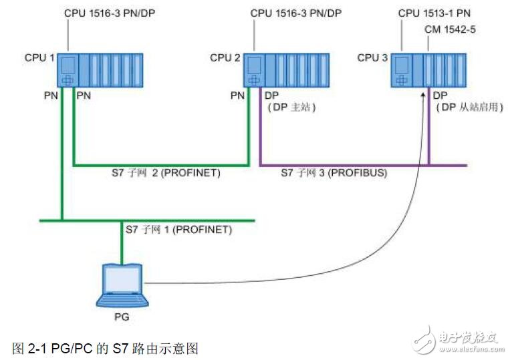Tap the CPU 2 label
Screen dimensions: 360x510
point(225,58)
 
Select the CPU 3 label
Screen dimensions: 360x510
point(372,58)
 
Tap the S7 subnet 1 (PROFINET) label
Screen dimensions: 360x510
point(178,230)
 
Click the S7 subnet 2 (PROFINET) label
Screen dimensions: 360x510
point(166,173)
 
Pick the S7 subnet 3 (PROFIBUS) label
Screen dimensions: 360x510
point(334,173)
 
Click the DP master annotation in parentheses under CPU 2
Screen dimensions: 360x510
point(290,107)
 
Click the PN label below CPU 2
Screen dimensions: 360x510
point(237,96)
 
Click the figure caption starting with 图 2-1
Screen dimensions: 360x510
point(106,348)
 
